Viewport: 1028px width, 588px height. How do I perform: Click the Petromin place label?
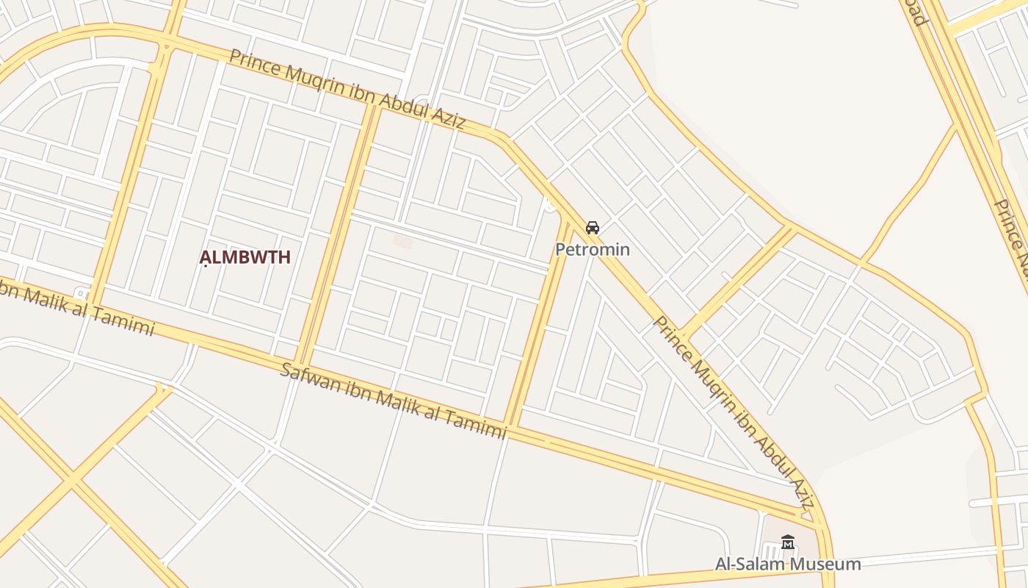592,249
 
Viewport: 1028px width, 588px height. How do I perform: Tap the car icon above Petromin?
593,228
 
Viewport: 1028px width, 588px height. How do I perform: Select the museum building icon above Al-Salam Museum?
788,542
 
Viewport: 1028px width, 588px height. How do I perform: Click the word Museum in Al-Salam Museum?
825,564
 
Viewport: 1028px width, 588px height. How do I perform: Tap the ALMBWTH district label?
245,257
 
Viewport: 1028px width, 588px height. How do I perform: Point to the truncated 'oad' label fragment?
915,13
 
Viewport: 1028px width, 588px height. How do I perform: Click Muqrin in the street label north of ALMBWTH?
298,78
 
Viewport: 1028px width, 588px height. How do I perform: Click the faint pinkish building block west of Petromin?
402,241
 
